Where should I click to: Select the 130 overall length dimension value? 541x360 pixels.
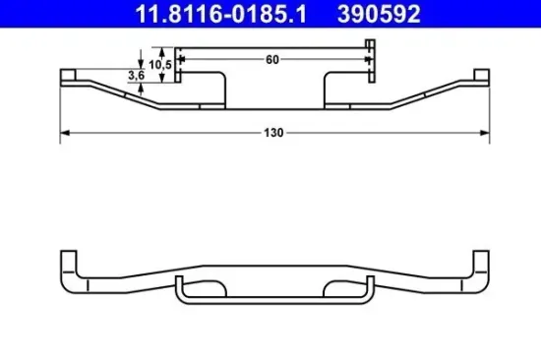(x=272, y=132)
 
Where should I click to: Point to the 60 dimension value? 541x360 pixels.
(x=272, y=59)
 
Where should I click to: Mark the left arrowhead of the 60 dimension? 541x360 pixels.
(x=183, y=59)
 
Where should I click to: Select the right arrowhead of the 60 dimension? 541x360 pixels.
(x=363, y=59)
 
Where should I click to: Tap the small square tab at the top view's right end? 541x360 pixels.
(x=480, y=74)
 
